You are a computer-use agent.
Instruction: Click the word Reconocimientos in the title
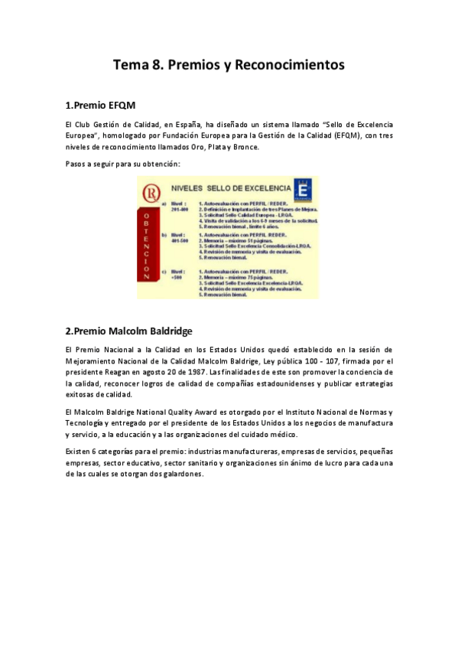pyautogui.click(x=291, y=65)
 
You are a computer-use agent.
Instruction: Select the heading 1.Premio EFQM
pyautogui.click(x=100, y=105)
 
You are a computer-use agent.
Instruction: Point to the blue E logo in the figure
pyautogui.click(x=304, y=189)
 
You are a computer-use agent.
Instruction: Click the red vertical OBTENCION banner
pyautogui.click(x=146, y=246)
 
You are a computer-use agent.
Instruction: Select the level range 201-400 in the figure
pyautogui.click(x=180, y=209)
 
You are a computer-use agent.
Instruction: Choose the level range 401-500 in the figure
pyautogui.click(x=180, y=242)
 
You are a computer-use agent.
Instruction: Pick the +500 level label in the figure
pyautogui.click(x=178, y=276)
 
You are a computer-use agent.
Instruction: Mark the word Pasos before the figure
pyautogui.click(x=78, y=164)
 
